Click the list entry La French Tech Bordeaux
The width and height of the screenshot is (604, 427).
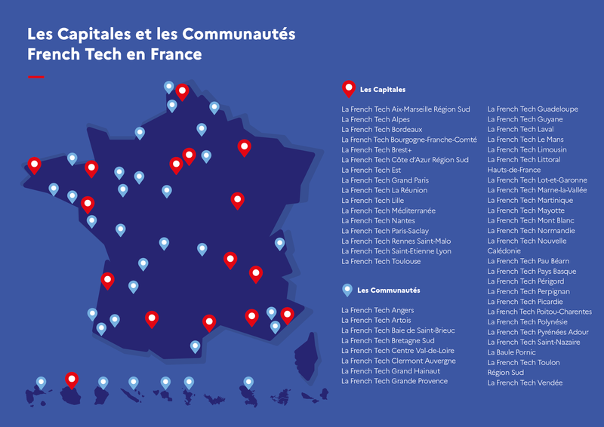pyautogui.click(x=381, y=130)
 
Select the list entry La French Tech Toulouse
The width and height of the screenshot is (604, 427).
pyautogui.click(x=381, y=261)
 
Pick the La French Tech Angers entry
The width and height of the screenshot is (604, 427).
pyautogui.click(x=377, y=310)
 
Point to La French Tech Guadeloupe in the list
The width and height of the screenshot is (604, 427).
pyautogui.click(x=532, y=109)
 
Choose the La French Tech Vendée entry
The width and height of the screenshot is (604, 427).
pyautogui.click(x=525, y=382)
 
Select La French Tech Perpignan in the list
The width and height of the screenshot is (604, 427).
pyautogui.click(x=528, y=291)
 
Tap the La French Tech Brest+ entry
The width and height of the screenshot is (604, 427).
pyautogui.click(x=377, y=150)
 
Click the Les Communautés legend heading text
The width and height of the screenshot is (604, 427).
pyautogui.click(x=389, y=290)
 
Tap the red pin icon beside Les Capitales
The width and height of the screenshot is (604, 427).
pyautogui.click(x=348, y=88)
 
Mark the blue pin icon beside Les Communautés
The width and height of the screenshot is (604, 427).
pyautogui.click(x=347, y=289)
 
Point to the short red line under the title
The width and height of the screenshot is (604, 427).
pyautogui.click(x=35, y=77)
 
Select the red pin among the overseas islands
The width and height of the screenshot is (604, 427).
pyautogui.click(x=72, y=379)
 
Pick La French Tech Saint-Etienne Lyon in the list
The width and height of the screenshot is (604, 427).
pyautogui.click(x=396, y=251)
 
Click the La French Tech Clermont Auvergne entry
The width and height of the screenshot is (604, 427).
pyautogui.click(x=399, y=361)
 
